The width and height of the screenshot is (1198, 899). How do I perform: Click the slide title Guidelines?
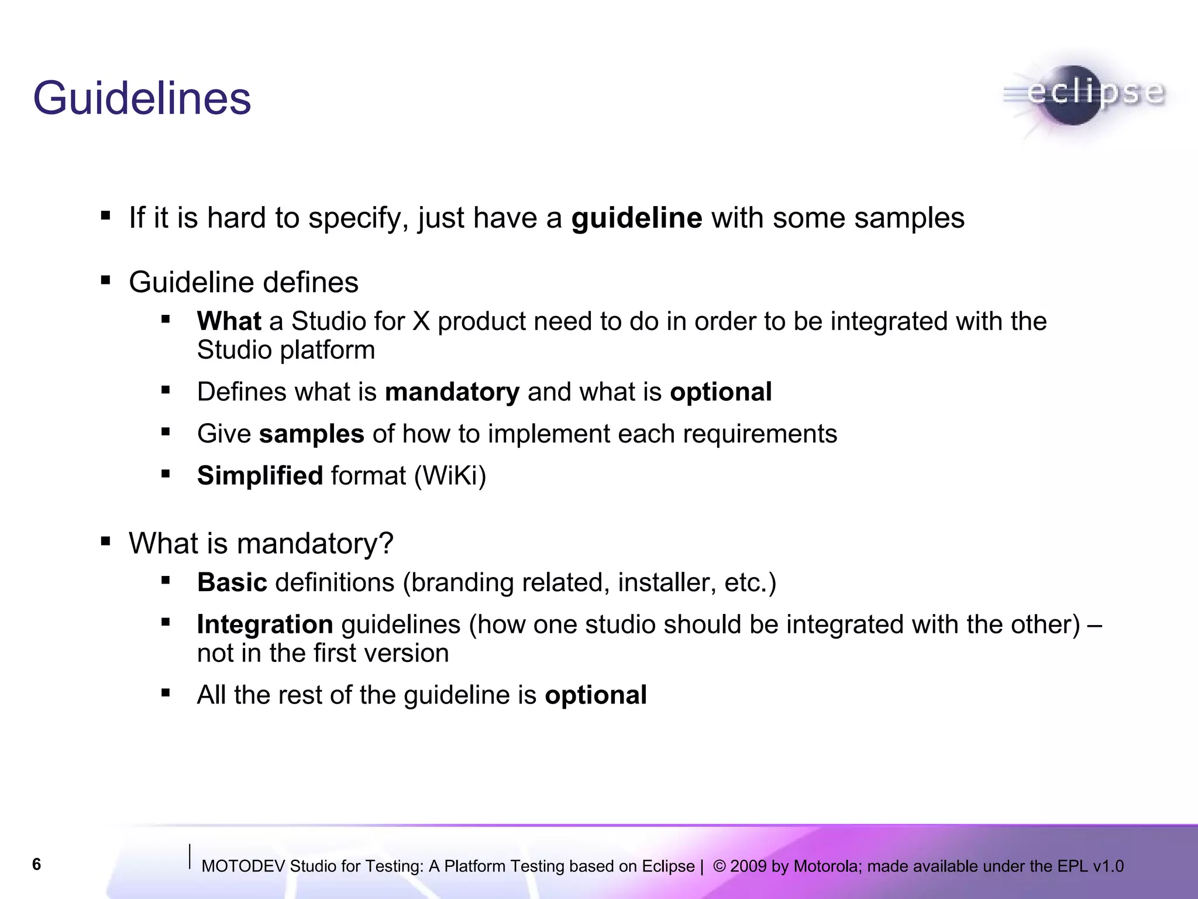coord(142,98)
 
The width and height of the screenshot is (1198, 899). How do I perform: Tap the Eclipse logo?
coord(1083,95)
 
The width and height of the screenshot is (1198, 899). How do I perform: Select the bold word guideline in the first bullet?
coord(636,218)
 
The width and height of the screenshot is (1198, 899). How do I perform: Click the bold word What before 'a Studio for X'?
coord(229,321)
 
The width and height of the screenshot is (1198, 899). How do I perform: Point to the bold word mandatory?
coord(452,392)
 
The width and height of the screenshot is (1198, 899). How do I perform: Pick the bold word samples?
coord(312,434)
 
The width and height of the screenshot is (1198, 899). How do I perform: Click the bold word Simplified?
coord(260,476)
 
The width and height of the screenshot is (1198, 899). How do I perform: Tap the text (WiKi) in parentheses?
coord(450,476)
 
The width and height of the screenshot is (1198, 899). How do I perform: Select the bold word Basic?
coord(232,583)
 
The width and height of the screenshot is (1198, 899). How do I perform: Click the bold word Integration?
coord(265,625)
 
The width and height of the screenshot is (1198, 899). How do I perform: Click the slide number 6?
coord(36,864)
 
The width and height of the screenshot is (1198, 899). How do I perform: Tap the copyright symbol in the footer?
coord(720,866)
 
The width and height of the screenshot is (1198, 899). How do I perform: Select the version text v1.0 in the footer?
coord(1108,867)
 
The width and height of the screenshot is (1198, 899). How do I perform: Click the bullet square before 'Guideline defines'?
coord(105,281)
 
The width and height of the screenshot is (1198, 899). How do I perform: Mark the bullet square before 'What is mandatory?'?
coord(105,541)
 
